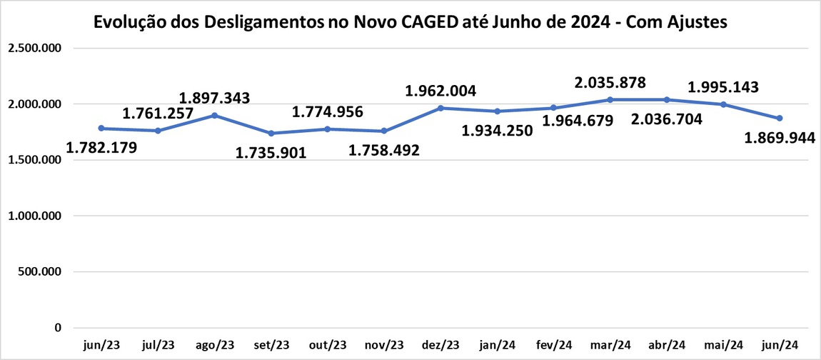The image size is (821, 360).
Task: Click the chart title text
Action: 410,22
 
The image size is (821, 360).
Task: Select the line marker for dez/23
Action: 440,108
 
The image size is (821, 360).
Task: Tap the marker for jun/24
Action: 780,118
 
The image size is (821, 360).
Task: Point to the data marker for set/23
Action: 271,133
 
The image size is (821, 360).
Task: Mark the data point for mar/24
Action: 610,99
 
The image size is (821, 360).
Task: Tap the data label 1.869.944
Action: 780,138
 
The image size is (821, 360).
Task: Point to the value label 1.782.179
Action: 101,149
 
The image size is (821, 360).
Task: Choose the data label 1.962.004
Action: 440,91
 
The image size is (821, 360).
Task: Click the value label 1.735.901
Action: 271,152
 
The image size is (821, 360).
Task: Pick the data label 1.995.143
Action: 722,87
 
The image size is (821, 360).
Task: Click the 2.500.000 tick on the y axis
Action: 35,49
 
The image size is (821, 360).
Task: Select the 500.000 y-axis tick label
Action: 42,272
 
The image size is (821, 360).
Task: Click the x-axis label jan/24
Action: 497,345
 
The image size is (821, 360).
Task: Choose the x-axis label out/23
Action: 327,345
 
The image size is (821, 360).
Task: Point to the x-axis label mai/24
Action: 722,345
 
